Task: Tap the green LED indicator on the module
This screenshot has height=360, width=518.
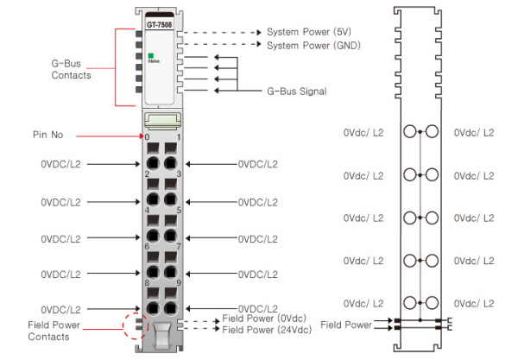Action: click(x=150, y=56)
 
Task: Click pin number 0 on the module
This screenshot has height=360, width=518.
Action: click(x=147, y=136)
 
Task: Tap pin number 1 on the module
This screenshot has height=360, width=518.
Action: click(x=178, y=136)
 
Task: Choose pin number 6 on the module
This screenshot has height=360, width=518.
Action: click(x=147, y=247)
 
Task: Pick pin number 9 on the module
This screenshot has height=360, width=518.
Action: click(x=178, y=283)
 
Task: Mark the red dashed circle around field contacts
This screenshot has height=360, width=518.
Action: click(x=136, y=324)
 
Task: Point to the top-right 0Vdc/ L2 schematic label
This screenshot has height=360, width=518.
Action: click(x=474, y=132)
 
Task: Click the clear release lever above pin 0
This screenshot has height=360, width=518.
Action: click(x=162, y=120)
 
